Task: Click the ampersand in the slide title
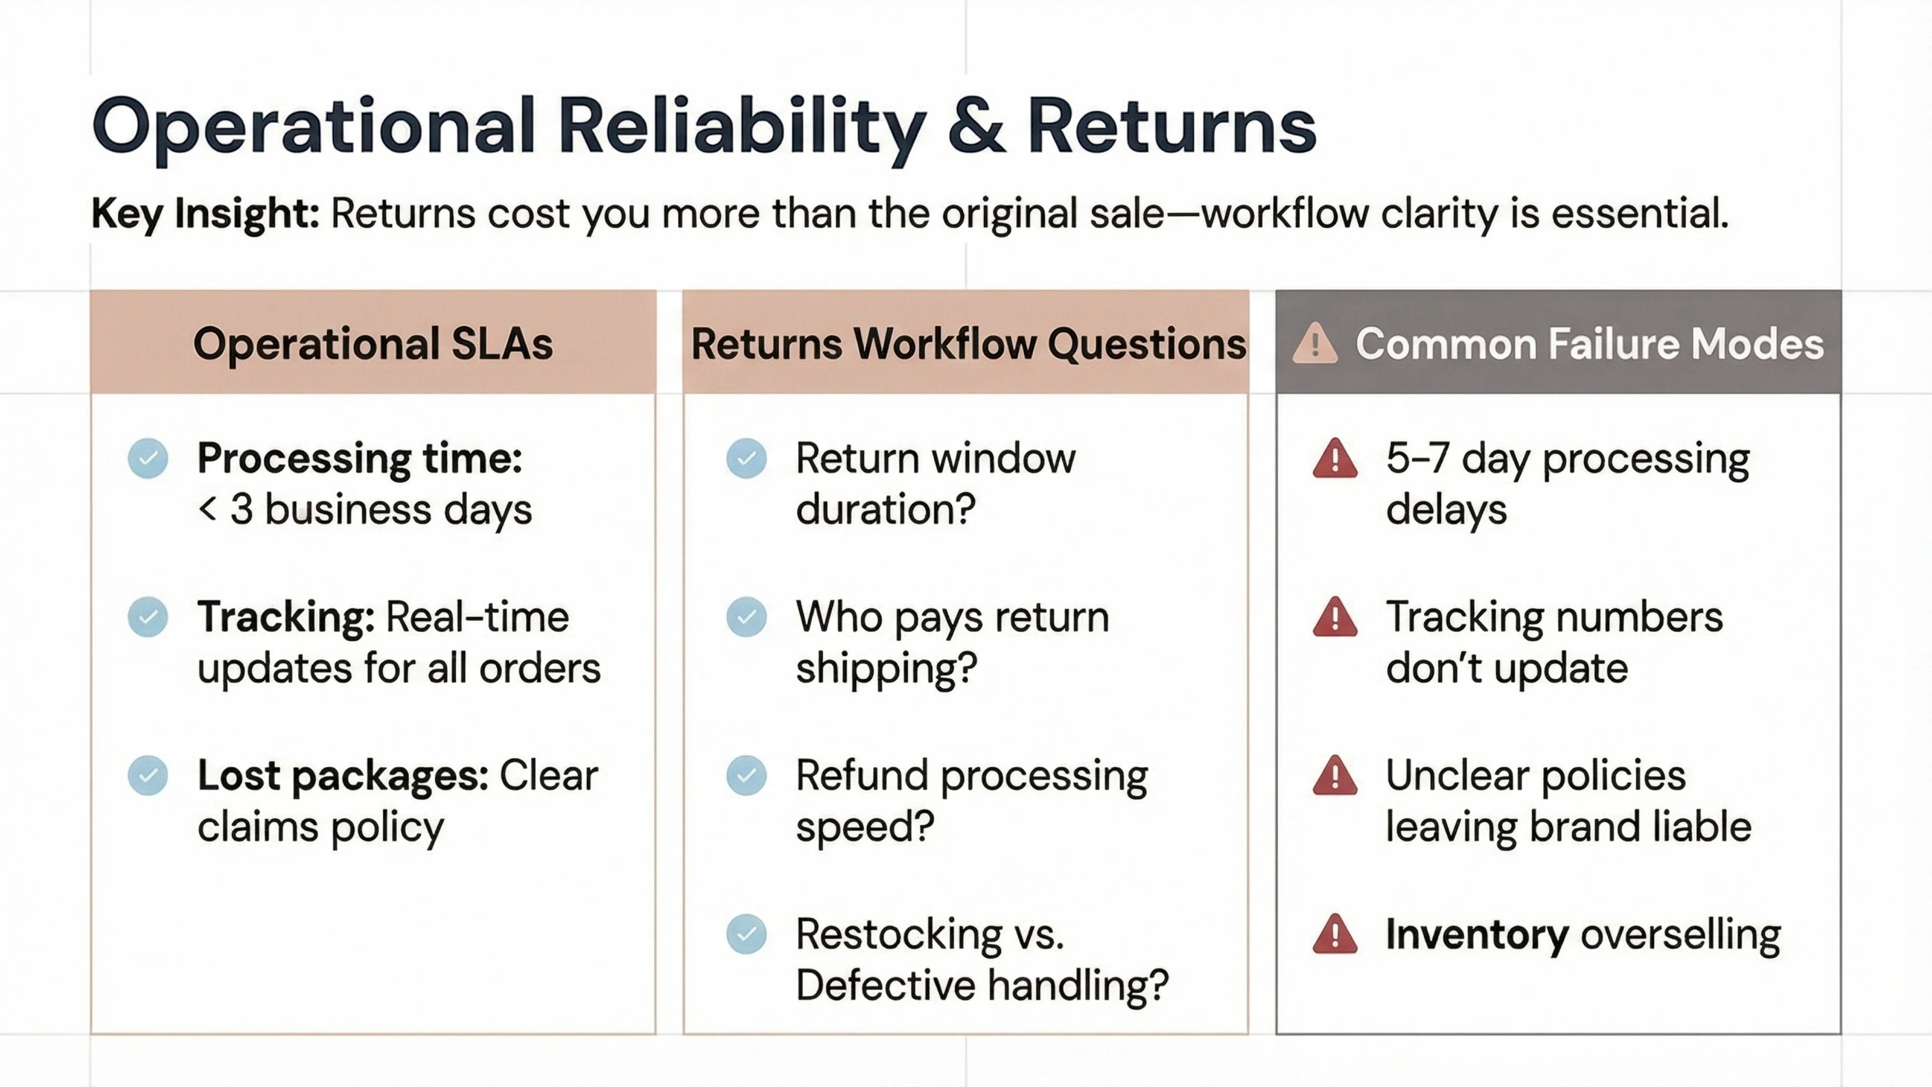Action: coord(976,126)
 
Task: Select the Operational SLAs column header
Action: coord(373,343)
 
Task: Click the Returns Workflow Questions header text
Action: coord(967,343)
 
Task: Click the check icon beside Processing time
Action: coord(148,458)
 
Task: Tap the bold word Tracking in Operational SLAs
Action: coord(285,617)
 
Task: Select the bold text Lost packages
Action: coord(342,776)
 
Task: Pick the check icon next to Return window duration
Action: coord(746,458)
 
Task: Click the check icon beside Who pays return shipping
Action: coord(746,617)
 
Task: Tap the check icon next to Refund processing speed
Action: coord(746,776)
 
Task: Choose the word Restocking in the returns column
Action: coord(898,935)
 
